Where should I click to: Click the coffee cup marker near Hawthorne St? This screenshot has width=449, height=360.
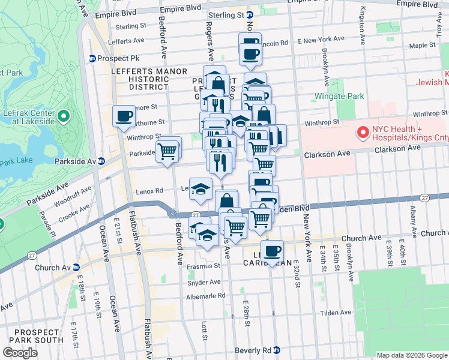pos(124,116)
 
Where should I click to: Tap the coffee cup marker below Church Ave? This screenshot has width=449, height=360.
pos(272,251)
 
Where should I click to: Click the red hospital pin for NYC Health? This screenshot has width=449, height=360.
pos(363,133)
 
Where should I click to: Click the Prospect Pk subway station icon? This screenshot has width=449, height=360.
pos(92,58)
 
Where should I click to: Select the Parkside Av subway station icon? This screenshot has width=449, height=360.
pos(101,161)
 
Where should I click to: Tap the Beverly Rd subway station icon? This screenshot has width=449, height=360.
pos(276,350)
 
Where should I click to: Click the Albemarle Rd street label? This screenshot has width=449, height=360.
pos(205,296)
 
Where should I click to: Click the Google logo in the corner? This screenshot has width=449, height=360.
pos(20,352)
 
